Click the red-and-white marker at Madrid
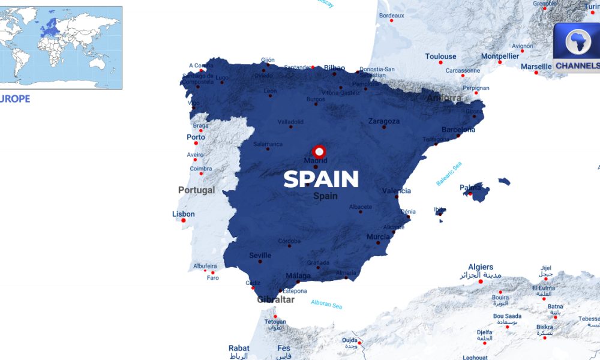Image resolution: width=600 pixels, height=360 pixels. (x=319, y=151)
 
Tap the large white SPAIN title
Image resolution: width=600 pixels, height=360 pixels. (x=321, y=179)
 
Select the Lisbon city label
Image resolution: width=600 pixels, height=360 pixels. (x=184, y=214)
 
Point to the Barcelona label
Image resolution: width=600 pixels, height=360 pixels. (x=458, y=130)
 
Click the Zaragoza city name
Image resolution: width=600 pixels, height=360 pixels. (x=384, y=121)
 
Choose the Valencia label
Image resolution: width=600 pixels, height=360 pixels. (x=397, y=191)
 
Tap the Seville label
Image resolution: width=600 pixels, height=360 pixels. (x=260, y=256)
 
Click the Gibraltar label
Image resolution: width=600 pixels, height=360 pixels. (x=275, y=299)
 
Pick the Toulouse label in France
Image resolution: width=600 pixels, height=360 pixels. (x=440, y=56)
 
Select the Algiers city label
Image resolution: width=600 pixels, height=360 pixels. (x=481, y=267)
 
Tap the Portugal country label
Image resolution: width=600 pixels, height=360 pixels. (x=196, y=190)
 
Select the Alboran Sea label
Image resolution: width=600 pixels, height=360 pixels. (x=326, y=304)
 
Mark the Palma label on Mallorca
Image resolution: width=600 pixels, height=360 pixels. (x=470, y=187)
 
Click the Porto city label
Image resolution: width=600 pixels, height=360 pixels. (x=196, y=137)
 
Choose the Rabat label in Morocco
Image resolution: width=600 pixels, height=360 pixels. (x=239, y=348)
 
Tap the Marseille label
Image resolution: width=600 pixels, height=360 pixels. (x=536, y=66)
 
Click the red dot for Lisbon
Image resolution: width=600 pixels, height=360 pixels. (x=184, y=221)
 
